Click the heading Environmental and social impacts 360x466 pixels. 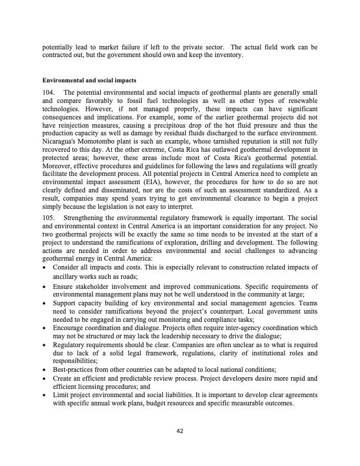point(82,80)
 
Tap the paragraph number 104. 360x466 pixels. point(49,93)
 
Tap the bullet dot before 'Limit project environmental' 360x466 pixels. point(46,395)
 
